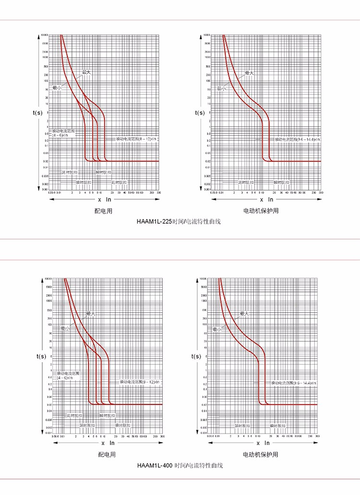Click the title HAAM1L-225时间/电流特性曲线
[x=180, y=222]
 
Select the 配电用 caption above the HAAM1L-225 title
[x=103, y=211]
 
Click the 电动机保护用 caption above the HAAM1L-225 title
[x=261, y=211]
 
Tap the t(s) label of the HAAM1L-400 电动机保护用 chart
[x=196, y=356]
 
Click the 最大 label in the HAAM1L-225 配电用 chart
[x=86, y=72]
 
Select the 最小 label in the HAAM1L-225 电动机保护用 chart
[x=221, y=88]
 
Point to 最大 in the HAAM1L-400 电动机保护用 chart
[x=244, y=314]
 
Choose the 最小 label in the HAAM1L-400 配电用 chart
[x=65, y=328]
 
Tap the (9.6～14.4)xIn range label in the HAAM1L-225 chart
[x=298, y=139]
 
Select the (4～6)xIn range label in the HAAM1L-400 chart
[x=65, y=378]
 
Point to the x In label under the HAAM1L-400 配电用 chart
[x=108, y=443]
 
